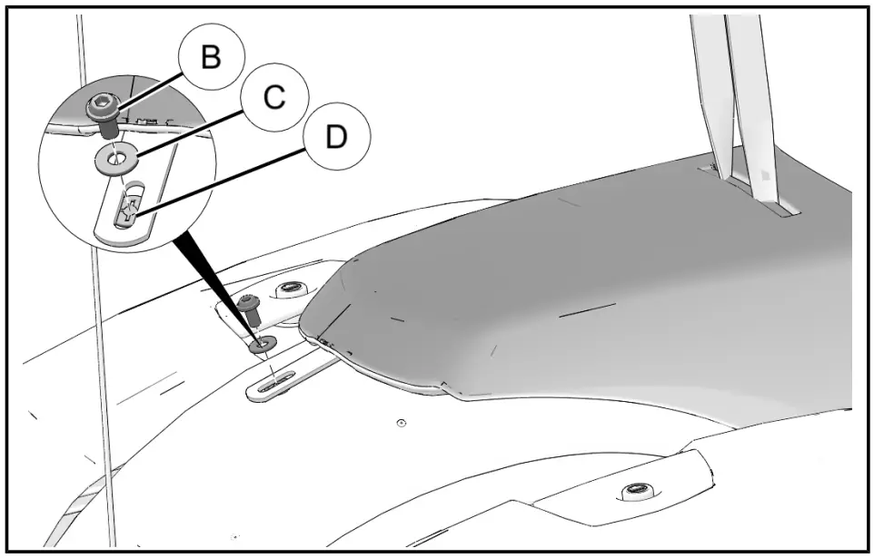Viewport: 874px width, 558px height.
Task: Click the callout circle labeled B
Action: [x=210, y=57]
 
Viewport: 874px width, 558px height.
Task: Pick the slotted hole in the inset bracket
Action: [x=128, y=208]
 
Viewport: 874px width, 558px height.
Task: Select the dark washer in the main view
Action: [x=264, y=344]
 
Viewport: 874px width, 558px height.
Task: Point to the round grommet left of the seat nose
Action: [x=290, y=289]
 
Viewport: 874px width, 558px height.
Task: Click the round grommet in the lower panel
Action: [x=634, y=493]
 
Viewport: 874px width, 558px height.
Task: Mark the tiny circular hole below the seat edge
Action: [x=402, y=423]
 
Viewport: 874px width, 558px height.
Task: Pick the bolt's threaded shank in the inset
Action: [x=107, y=130]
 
